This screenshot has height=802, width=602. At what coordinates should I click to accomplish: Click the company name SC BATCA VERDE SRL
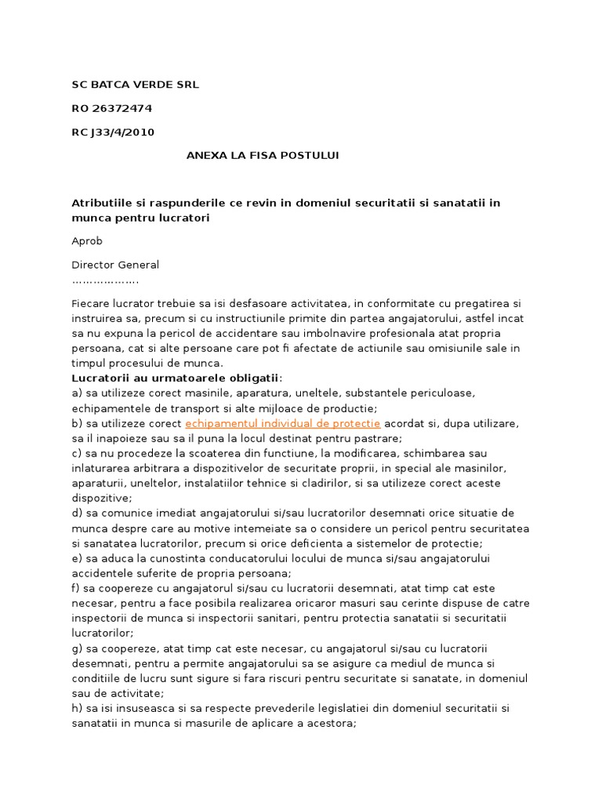(x=136, y=84)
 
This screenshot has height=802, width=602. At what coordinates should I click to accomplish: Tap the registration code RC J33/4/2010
(x=113, y=132)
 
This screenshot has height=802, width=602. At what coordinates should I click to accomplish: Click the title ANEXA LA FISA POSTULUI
(x=263, y=155)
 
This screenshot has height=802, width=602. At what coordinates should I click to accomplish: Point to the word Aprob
(x=87, y=241)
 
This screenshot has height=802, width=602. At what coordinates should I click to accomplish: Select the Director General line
(x=115, y=265)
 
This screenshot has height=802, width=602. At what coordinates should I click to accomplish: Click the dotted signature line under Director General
(x=105, y=280)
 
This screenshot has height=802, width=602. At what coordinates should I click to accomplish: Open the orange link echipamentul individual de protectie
(x=282, y=423)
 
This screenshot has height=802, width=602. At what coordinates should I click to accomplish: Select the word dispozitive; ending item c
(x=102, y=498)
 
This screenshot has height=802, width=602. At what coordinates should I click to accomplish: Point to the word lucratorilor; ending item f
(x=103, y=634)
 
